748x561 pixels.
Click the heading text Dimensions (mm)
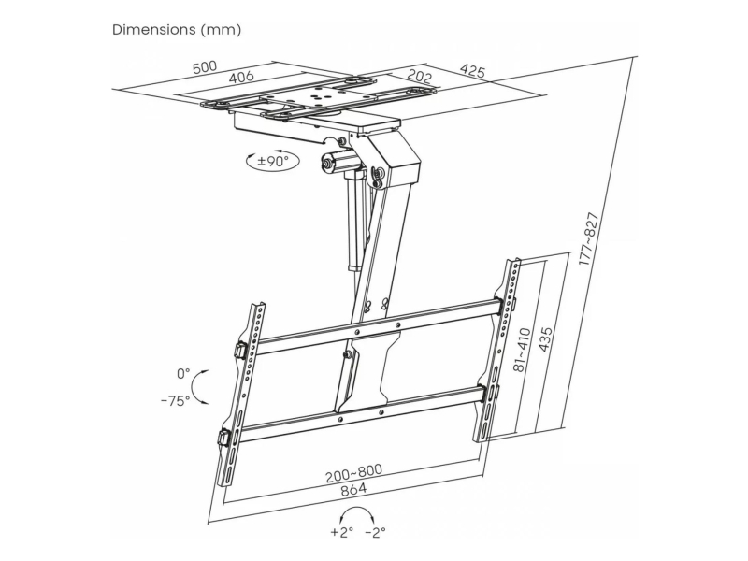pyautogui.click(x=177, y=30)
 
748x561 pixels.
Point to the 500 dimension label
pyautogui.click(x=205, y=66)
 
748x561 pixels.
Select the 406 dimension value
pyautogui.click(x=241, y=77)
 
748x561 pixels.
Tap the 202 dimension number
pyautogui.click(x=420, y=77)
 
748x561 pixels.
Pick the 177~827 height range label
pyautogui.click(x=588, y=238)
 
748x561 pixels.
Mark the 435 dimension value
pyautogui.click(x=545, y=339)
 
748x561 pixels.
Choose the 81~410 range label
pyautogui.click(x=522, y=349)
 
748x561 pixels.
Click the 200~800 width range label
pyautogui.click(x=354, y=473)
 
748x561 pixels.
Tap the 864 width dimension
pyautogui.click(x=354, y=489)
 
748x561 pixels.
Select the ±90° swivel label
pyautogui.click(x=272, y=161)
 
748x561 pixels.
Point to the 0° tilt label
pyautogui.click(x=183, y=373)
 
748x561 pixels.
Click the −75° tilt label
pyautogui.click(x=176, y=400)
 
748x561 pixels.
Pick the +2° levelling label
pyautogui.click(x=341, y=531)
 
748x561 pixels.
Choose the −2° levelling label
pyautogui.click(x=375, y=531)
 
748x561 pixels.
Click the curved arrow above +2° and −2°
pyautogui.click(x=358, y=509)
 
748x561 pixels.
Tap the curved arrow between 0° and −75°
pyautogui.click(x=193, y=387)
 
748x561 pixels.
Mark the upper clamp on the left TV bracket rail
pyautogui.click(x=241, y=350)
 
